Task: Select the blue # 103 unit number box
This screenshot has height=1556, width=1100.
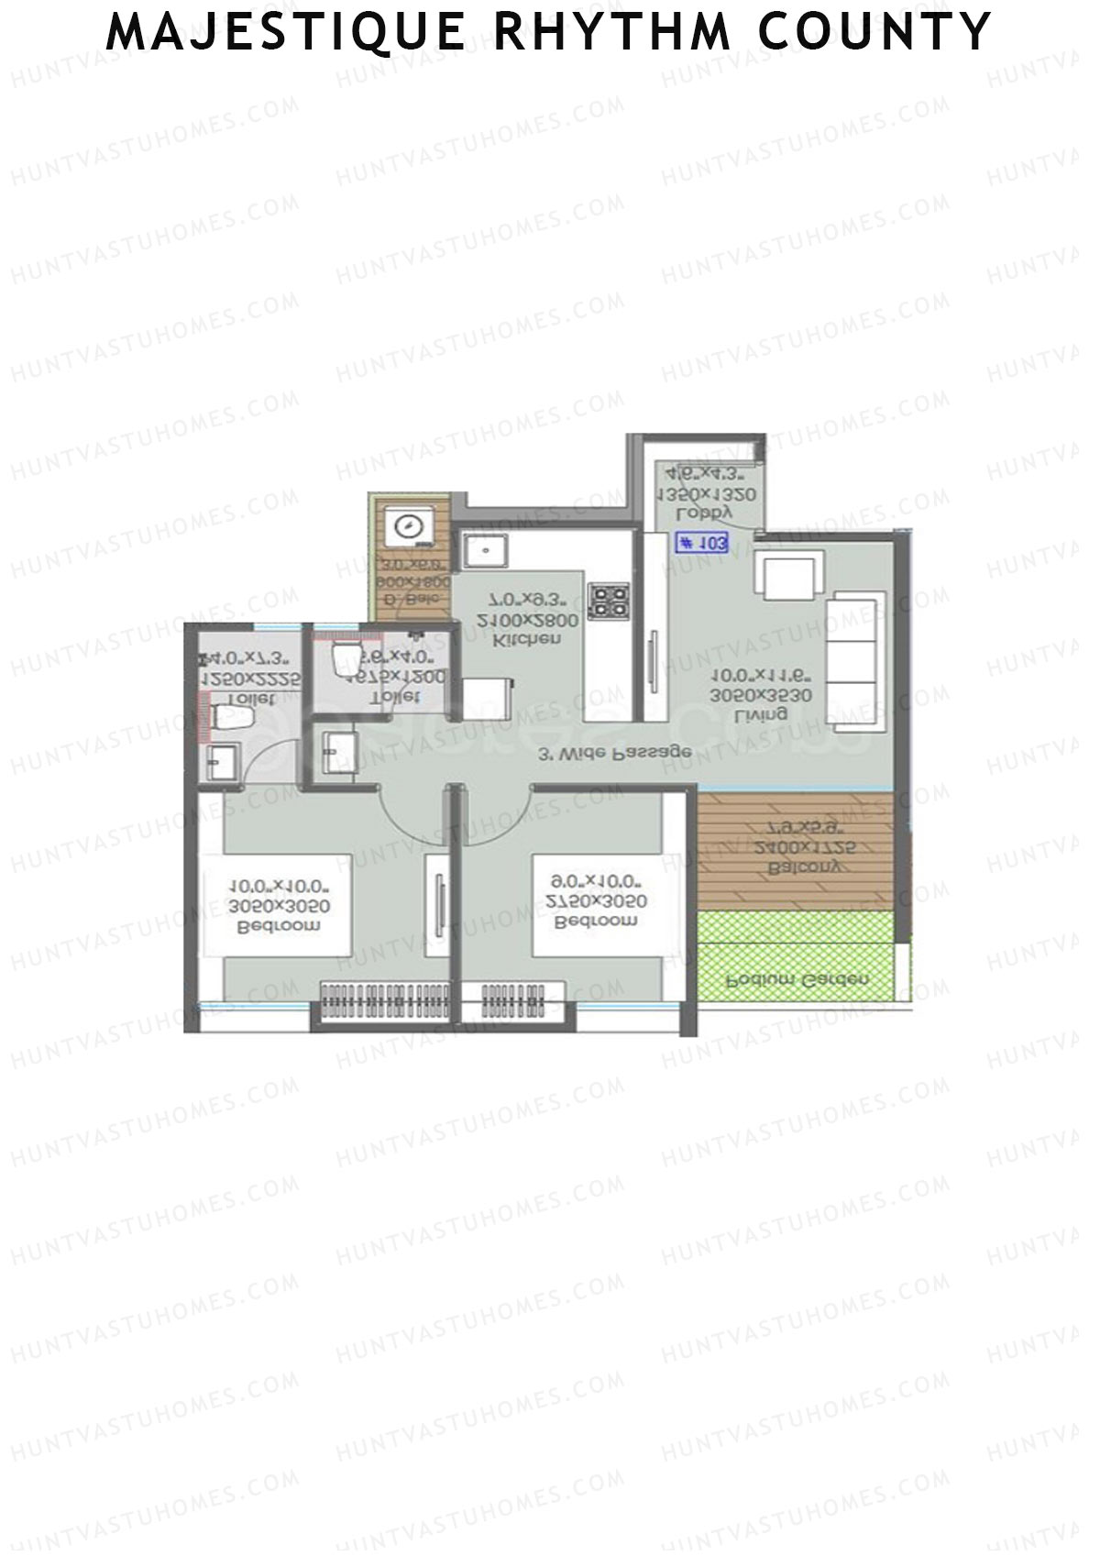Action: tap(702, 543)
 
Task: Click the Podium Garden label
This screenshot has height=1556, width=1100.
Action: tap(796, 979)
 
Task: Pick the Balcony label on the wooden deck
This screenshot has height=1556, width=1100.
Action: tap(795, 866)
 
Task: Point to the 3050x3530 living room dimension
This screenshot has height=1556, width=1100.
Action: tap(763, 696)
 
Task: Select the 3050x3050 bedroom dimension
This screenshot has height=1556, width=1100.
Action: tap(279, 907)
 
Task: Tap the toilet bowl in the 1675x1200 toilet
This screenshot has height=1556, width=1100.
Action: tap(346, 657)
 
